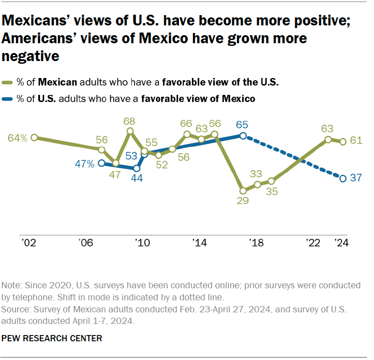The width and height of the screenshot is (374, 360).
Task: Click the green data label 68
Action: pyautogui.click(x=130, y=121)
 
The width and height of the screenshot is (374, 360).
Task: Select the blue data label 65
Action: pyautogui.click(x=243, y=125)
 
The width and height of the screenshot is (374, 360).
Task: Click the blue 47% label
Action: pyautogui.click(x=85, y=164)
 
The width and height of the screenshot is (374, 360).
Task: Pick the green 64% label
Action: pyautogui.click(x=18, y=138)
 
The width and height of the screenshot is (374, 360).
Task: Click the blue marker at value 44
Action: pyautogui.click(x=137, y=168)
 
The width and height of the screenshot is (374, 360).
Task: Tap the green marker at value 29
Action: pyautogui.click(x=241, y=189)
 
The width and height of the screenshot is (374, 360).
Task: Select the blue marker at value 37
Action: pyautogui.click(x=343, y=179)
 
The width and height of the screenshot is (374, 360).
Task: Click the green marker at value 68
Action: pyautogui.click(x=130, y=131)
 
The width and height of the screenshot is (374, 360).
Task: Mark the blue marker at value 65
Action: pyautogui.click(x=243, y=136)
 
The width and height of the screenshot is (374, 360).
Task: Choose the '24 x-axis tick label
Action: pyautogui.click(x=342, y=243)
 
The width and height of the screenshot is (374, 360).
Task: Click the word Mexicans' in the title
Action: pyautogui.click(x=36, y=21)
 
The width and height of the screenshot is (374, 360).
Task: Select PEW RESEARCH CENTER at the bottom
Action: pyautogui.click(x=52, y=339)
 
